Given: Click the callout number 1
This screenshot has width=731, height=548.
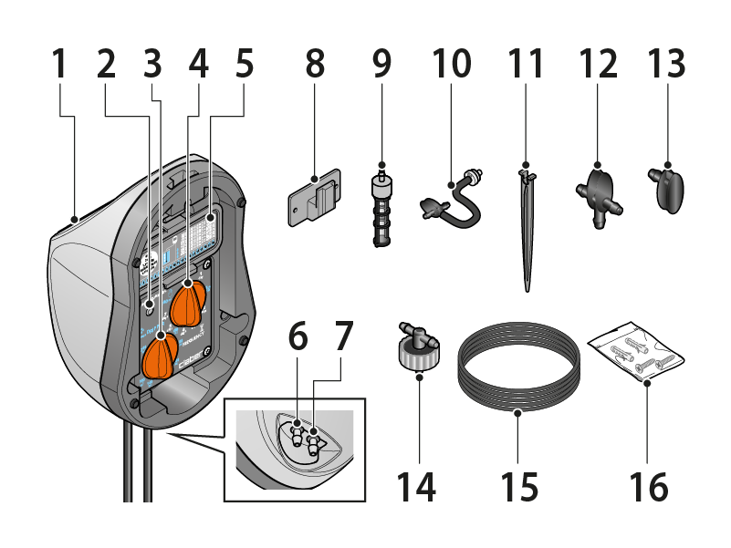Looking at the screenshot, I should (x=59, y=65).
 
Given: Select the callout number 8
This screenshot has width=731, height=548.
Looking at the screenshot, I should (x=315, y=65).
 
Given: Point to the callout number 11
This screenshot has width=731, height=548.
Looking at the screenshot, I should (x=527, y=65).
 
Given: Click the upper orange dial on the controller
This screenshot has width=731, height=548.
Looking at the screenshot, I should (x=191, y=302).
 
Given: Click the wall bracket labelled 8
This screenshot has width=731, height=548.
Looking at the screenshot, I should (x=315, y=193).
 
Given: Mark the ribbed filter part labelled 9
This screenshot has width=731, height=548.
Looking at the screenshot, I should (x=381, y=208).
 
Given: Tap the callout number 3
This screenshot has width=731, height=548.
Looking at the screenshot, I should (x=151, y=65).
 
